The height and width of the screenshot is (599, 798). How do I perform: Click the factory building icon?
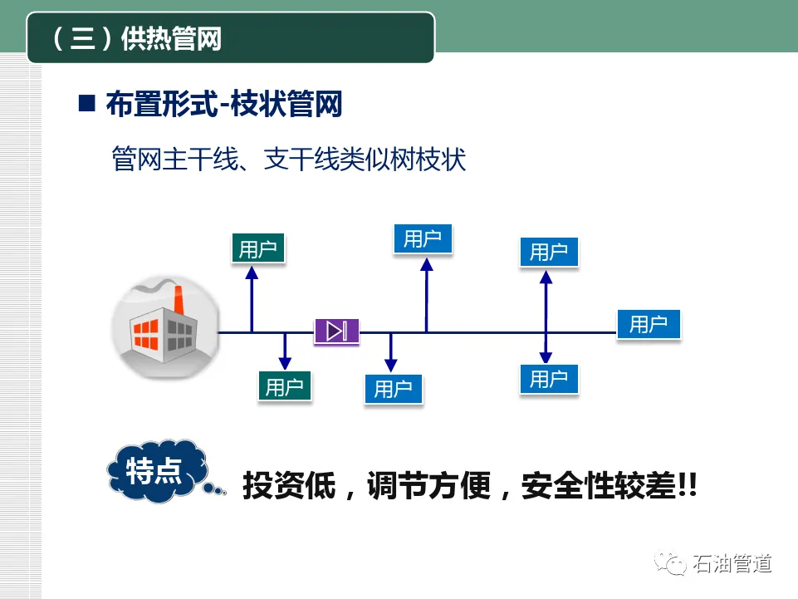(x=164, y=325)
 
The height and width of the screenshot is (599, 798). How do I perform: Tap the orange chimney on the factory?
(x=178, y=301)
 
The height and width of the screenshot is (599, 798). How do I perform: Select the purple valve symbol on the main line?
(x=336, y=331)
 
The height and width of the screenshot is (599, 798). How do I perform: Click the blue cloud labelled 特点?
(x=156, y=471)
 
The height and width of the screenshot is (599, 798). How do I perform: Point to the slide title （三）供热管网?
(x=138, y=38)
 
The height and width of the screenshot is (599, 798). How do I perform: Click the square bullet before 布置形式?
(x=86, y=105)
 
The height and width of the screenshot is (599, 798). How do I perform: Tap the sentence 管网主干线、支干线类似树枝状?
(x=289, y=159)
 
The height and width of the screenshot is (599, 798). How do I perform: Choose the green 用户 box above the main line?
(x=257, y=248)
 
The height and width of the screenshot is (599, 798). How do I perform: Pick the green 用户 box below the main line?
(x=285, y=386)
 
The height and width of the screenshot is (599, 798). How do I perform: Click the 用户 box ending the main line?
(x=648, y=324)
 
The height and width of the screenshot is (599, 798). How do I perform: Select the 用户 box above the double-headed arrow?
(x=548, y=251)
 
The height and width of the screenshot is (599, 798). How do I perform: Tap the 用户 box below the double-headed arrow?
(x=548, y=379)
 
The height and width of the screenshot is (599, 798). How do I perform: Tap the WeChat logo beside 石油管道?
(x=669, y=565)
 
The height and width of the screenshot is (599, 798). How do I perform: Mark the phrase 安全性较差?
(x=591, y=486)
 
